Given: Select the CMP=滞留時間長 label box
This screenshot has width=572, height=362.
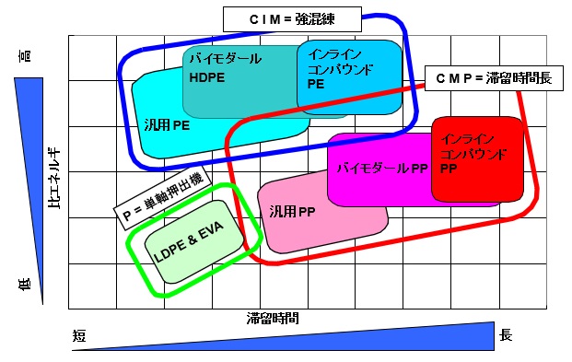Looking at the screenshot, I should (493, 79).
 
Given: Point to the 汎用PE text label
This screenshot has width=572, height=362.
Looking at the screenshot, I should (167, 125).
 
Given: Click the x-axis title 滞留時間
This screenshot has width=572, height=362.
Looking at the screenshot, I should (273, 319).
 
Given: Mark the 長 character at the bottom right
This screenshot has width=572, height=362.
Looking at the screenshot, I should (506, 336).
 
